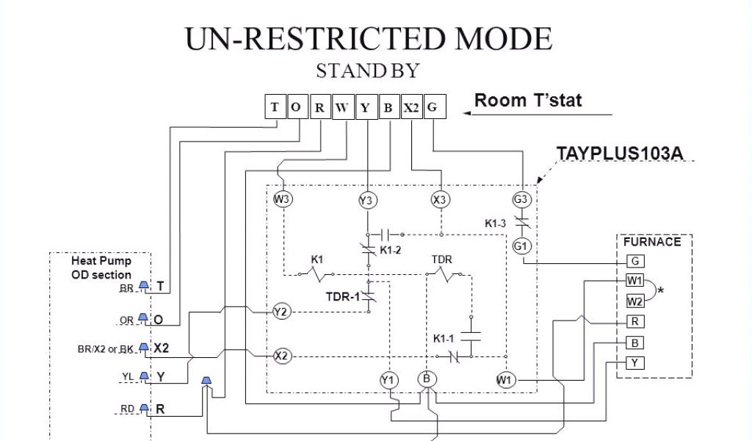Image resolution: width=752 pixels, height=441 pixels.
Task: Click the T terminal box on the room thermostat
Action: pos(275,107)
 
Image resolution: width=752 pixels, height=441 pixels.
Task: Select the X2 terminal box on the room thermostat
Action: pos(411,107)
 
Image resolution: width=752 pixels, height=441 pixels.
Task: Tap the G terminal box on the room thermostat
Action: pos(433,107)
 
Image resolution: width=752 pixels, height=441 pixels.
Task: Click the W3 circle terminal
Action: pos(282,198)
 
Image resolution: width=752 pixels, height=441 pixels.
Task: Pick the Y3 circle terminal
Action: pos(366,200)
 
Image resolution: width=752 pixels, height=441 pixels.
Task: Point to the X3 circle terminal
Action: pos(440,199)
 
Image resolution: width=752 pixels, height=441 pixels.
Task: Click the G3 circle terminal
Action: pos(521,198)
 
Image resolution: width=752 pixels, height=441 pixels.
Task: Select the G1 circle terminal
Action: pos(521,246)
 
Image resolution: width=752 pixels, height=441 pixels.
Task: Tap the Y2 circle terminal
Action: pos(281,312)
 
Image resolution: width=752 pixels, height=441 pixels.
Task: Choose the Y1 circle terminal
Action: pos(388,380)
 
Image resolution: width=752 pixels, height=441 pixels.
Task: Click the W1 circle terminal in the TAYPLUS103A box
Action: pos(505,380)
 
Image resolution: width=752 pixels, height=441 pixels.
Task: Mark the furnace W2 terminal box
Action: pos(635,301)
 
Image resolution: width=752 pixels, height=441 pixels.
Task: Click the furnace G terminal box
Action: pos(635,261)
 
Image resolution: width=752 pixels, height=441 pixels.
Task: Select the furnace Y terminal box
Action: pos(635,362)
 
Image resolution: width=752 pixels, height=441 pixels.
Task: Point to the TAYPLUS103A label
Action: pos(620,153)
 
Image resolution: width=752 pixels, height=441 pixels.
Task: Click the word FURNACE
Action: pos(652,241)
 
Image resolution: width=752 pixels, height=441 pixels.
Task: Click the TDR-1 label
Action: pos(341,298)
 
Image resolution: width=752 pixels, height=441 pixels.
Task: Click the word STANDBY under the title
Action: pos(367,71)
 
